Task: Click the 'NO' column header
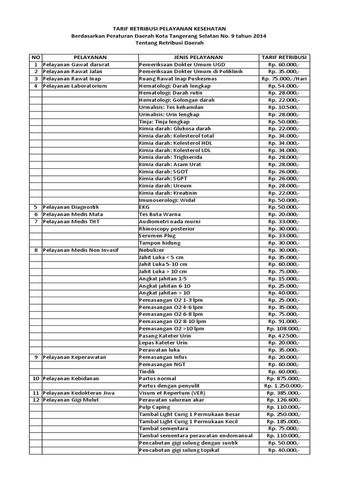[x=36, y=57]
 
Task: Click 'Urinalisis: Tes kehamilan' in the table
[x=169, y=107]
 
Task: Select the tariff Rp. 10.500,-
[x=284, y=107]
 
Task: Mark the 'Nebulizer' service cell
[x=151, y=250]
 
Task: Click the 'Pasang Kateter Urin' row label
[x=165, y=336]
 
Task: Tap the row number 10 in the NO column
[x=36, y=378]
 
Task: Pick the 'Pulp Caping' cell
[x=155, y=407]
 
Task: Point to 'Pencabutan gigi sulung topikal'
[x=179, y=450]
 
